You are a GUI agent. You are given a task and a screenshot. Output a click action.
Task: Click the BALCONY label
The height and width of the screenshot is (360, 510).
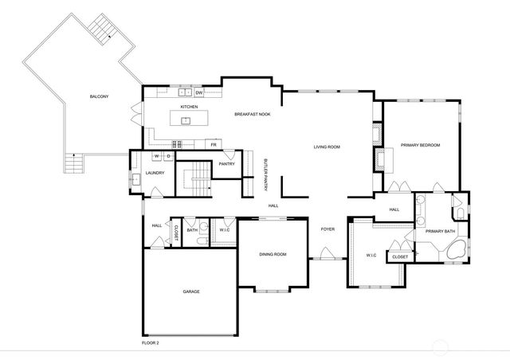tap(99, 97)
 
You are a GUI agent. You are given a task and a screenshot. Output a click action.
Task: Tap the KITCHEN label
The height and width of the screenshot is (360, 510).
tap(189, 106)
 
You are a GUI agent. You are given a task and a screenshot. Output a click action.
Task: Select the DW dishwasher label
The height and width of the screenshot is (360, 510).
tap(199, 93)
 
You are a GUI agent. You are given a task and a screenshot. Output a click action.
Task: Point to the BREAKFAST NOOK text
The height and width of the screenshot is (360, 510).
tap(252, 115)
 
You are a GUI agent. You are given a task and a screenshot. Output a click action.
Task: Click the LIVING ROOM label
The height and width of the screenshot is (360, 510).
tap(327, 147)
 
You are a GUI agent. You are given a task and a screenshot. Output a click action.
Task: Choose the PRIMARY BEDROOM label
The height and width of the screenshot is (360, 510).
tap(420, 145)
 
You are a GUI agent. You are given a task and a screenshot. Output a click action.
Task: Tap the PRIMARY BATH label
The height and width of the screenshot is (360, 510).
tap(440, 231)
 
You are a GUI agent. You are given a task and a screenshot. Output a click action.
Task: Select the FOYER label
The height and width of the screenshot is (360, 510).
tap(328, 229)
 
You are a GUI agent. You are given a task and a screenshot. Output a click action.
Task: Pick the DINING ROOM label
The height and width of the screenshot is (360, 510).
tap(273, 254)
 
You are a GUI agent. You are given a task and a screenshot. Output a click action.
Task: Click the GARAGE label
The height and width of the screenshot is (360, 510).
tap(191, 292)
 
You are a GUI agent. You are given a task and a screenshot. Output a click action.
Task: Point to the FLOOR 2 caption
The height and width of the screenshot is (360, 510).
tap(151, 342)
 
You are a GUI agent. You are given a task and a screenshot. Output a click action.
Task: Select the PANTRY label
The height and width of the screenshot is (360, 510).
tap(226, 163)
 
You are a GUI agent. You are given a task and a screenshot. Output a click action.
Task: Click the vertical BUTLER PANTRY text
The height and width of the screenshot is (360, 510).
tap(265, 174)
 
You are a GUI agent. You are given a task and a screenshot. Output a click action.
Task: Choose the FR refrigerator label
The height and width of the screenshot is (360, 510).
tap(214, 145)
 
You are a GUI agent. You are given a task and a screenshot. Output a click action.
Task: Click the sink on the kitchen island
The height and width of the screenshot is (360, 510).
tap(186, 121)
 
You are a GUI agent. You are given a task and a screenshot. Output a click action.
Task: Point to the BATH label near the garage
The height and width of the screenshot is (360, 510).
tap(192, 230)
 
